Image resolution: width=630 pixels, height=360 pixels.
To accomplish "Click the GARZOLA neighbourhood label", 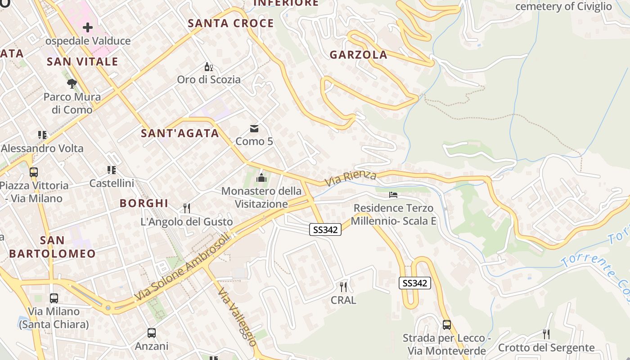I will pos(358,55).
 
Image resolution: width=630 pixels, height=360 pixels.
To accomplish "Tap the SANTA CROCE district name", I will pos(231,23).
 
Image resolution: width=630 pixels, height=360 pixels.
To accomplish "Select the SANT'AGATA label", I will pos(180,133).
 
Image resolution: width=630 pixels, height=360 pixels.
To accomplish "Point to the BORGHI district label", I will pos(144,203).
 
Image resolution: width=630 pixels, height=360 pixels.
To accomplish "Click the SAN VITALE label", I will pos(82,62).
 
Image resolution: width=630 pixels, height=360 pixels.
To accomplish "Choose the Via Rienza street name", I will pos(351,178).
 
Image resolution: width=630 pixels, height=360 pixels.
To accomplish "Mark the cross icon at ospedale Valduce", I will pos(88,28).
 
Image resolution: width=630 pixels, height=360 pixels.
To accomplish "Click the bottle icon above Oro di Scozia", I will pos(208,67).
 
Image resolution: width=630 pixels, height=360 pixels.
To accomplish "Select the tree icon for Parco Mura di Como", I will pos(72,84).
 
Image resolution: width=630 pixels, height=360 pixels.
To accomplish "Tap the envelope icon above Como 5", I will pos(254,129).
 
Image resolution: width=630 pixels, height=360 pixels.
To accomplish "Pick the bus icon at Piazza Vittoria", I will pos(34,172).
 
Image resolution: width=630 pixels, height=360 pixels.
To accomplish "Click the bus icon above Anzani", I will pos(152,333).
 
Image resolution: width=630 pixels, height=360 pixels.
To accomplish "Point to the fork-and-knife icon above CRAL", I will pos(343,287).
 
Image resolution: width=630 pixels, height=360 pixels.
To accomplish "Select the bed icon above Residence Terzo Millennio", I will pos(393,195).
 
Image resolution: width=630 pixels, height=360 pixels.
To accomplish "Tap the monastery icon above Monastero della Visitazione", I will pos(261,179).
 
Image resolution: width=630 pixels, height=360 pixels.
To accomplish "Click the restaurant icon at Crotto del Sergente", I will pos(546,334).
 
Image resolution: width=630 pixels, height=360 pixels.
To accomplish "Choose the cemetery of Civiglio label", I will pos(563,6).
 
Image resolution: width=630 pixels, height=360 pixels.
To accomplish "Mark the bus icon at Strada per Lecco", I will pos(447,324).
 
